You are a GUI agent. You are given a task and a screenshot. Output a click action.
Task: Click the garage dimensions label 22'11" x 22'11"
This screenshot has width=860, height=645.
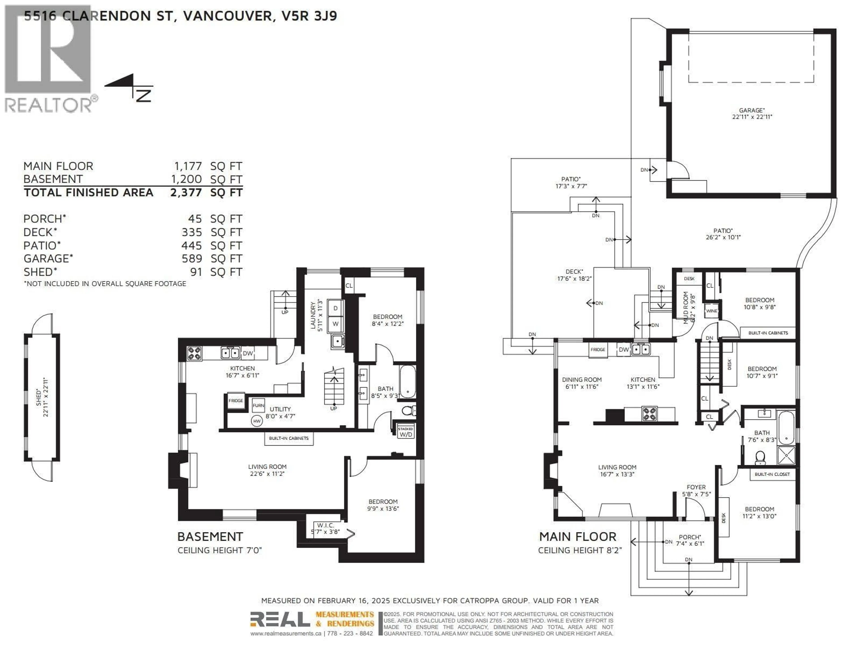752,117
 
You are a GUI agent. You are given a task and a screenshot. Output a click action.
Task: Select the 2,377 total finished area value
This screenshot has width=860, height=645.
186,192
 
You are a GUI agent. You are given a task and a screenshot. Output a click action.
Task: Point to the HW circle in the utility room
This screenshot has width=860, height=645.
257,421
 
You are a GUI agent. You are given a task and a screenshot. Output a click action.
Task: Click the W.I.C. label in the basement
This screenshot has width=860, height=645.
325,525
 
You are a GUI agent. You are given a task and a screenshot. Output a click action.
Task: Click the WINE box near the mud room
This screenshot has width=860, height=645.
712,311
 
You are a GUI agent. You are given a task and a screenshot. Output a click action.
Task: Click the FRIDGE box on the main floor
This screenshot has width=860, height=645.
598,350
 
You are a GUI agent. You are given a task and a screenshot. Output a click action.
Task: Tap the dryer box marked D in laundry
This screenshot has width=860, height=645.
335,308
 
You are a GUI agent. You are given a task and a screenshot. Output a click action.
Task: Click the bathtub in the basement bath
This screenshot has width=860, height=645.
407,381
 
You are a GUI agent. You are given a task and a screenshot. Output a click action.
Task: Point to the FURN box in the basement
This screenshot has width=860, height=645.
258,405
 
